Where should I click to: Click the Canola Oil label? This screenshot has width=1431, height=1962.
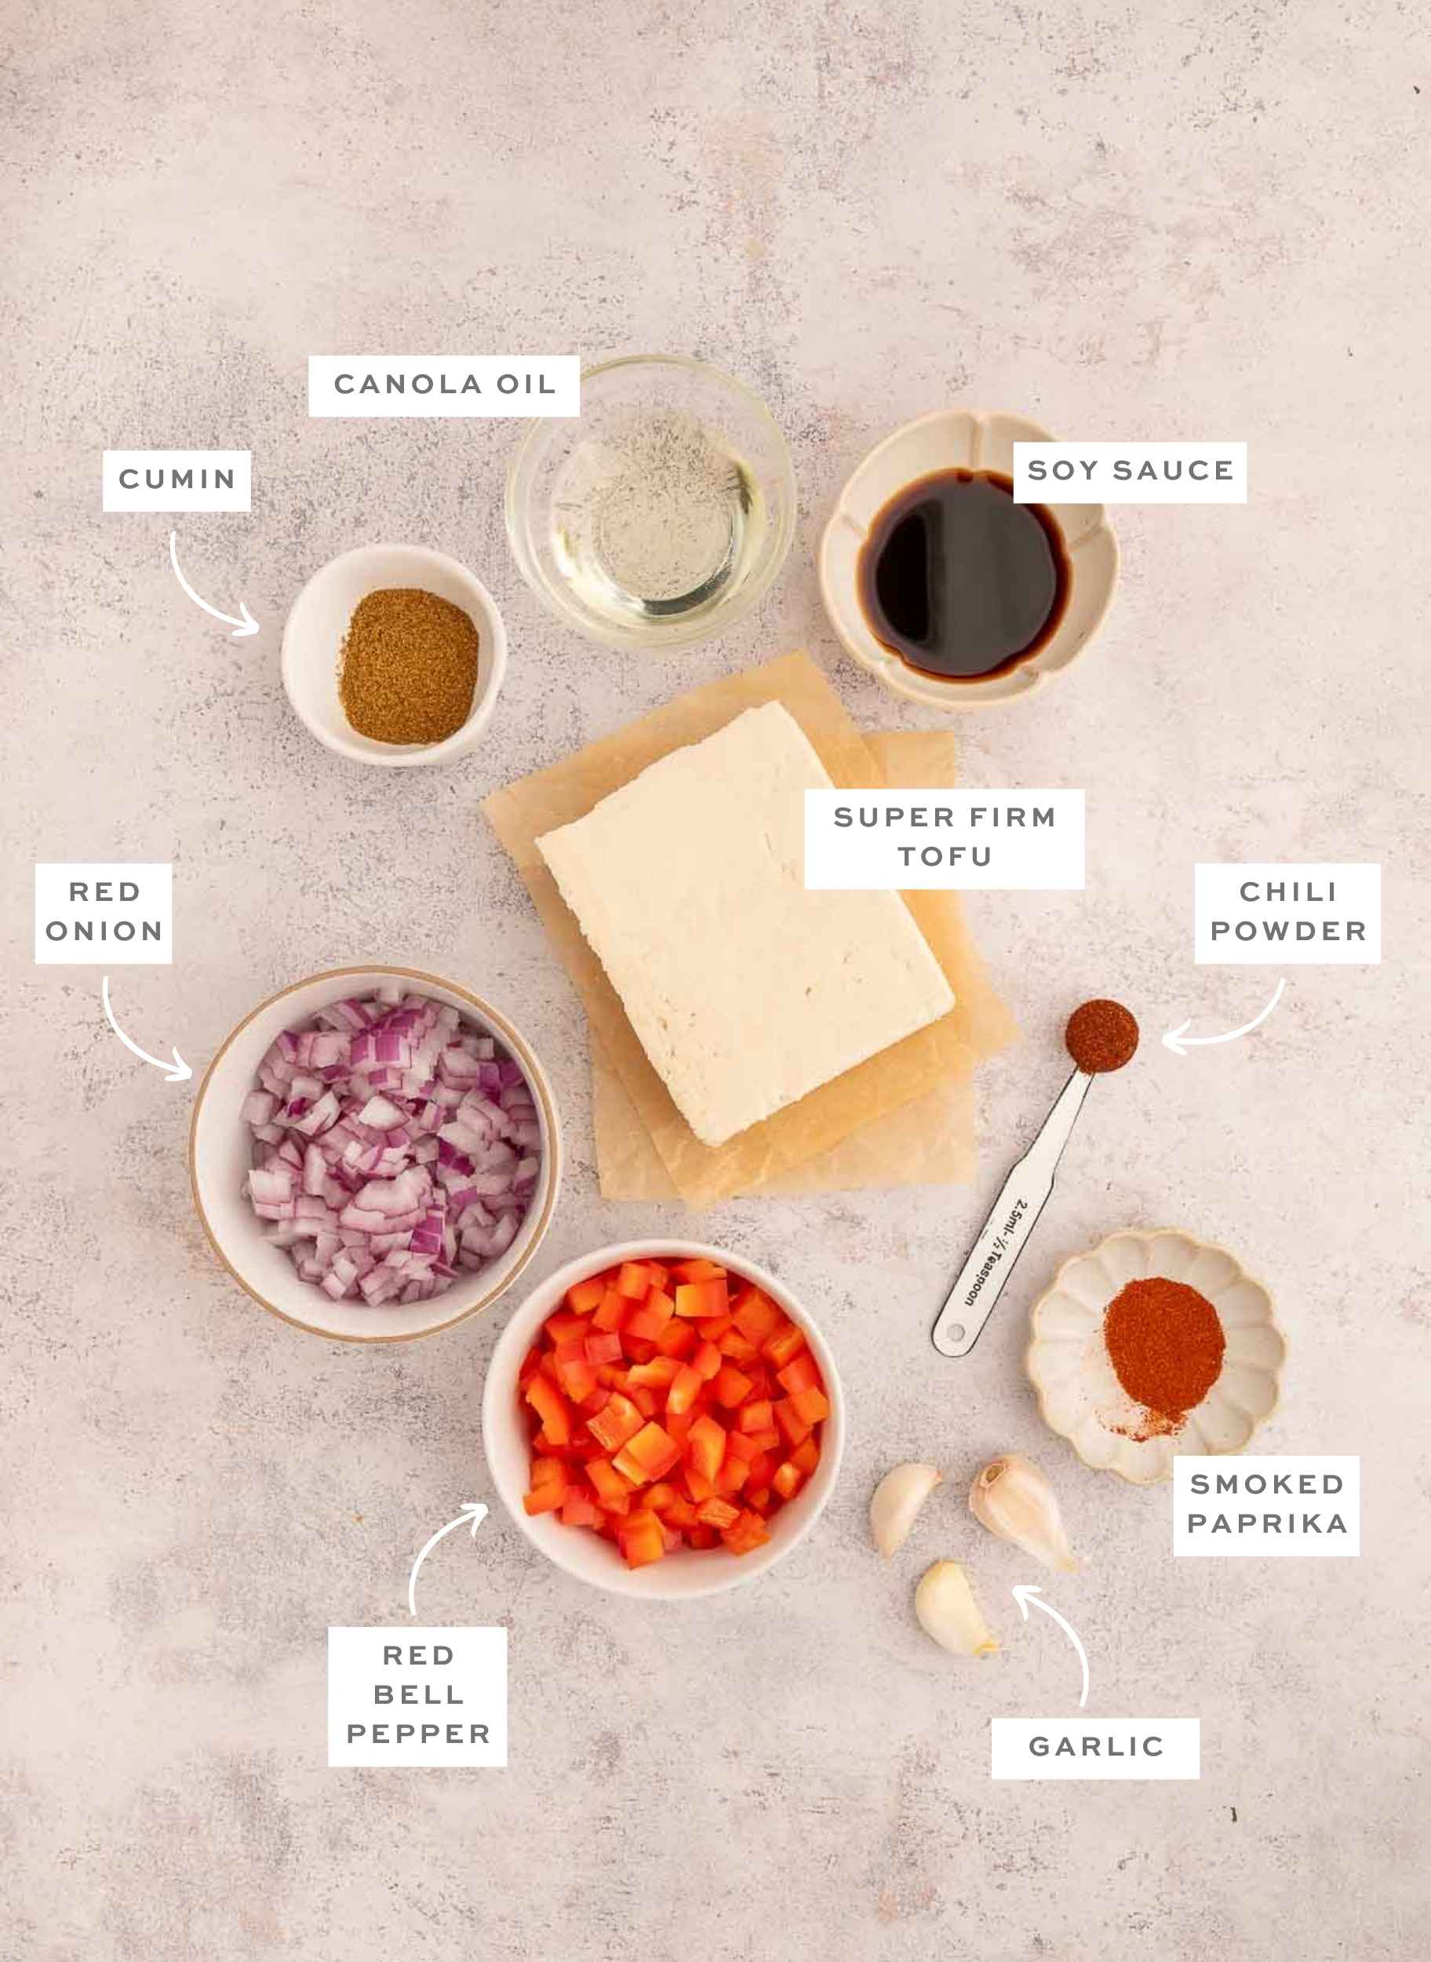(x=443, y=385)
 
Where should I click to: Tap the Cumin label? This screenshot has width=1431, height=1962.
(x=177, y=480)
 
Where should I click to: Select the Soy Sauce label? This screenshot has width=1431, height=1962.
(x=1130, y=472)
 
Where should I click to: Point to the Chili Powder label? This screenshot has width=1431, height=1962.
(x=1287, y=913)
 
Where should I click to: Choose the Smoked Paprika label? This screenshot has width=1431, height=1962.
(x=1265, y=1505)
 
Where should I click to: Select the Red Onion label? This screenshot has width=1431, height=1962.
(x=104, y=913)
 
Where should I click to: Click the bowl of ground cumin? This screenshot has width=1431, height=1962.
(x=394, y=656)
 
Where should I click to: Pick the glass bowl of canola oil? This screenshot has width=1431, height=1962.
(x=650, y=502)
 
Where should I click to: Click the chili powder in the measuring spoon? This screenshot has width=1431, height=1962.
(x=1101, y=1036)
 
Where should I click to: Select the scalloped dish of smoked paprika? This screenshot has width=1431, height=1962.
(x=1157, y=1356)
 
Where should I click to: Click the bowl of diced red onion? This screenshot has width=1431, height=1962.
(x=375, y=1153)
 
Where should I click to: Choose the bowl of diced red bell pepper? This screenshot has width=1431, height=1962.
(x=663, y=1421)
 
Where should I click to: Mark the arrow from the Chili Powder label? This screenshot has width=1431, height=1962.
(x=1230, y=1027)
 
